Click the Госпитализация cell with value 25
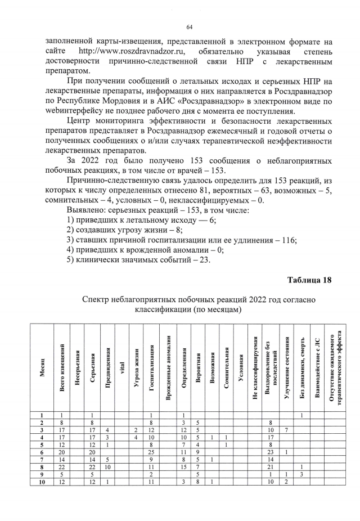coord(152,451)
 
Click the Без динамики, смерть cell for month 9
coord(302,475)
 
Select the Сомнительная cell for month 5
coord(226,443)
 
